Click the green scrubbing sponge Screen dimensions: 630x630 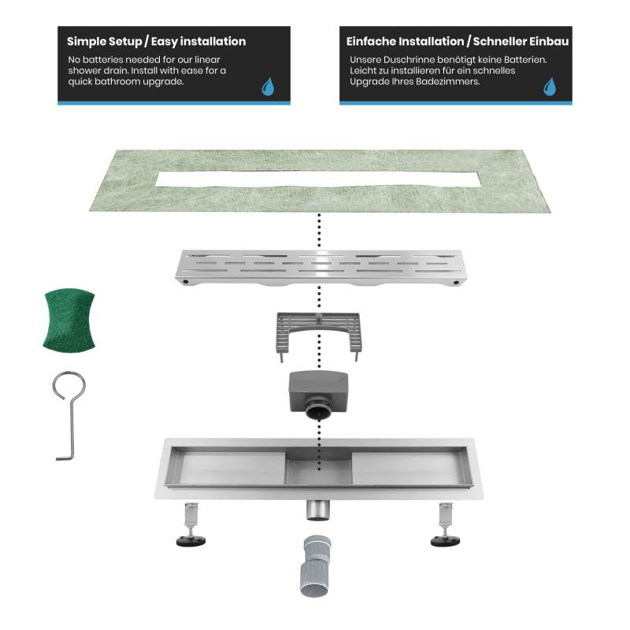tap(69, 321)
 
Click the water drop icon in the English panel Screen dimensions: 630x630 tap(268, 87)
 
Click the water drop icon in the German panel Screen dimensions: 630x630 tap(550, 87)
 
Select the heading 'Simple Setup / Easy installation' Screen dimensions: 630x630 tap(156, 42)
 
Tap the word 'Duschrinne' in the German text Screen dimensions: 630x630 tap(409, 60)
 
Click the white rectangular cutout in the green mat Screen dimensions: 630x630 tap(317, 180)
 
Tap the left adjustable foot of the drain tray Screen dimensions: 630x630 tap(191, 524)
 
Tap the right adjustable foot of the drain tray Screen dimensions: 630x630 tap(445, 524)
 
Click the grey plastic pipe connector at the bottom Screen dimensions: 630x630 tap(315, 566)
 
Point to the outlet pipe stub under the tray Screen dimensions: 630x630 tap(318, 510)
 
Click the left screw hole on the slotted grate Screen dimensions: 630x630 tap(186, 282)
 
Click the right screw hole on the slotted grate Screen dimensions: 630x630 tap(456, 283)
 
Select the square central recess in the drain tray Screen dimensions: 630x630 tap(318, 467)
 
